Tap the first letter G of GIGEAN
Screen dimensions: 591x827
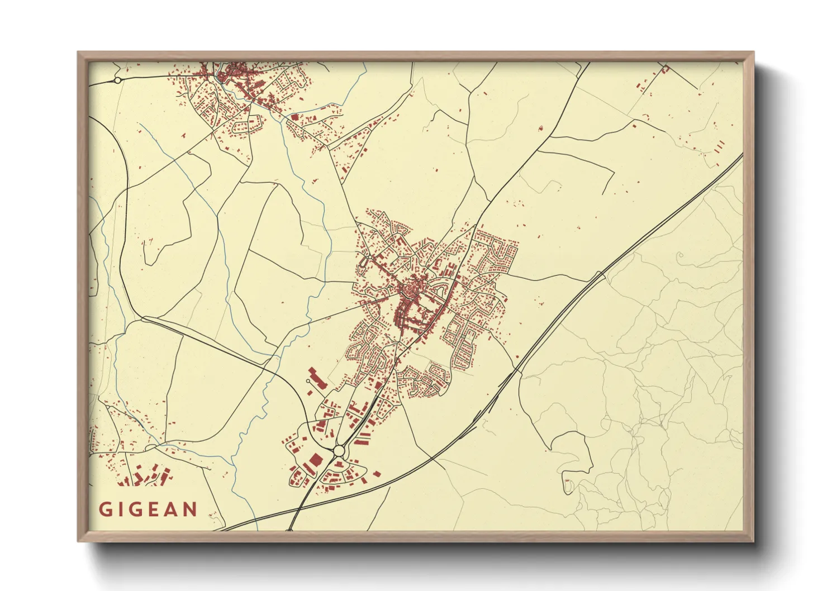[x=105, y=509]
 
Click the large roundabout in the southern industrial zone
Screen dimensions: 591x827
[x=339, y=450]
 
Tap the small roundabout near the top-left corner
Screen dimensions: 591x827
[x=117, y=80]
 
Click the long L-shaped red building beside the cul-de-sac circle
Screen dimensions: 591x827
[x=316, y=378]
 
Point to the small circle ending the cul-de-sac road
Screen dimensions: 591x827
[x=308, y=382]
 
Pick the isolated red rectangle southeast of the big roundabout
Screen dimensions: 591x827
[x=377, y=474]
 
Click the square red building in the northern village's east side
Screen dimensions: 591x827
[x=294, y=117]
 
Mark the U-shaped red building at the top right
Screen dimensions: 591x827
[x=665, y=69]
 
